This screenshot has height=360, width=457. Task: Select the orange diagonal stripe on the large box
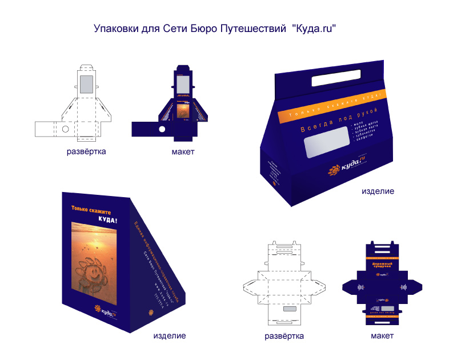tap(331, 103)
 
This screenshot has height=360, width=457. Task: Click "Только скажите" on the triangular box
tap(91, 211)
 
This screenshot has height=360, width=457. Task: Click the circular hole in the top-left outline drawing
tap(65, 130)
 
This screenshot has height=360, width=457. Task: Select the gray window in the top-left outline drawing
tap(87, 84)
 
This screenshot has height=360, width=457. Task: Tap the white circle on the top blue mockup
tap(162, 130)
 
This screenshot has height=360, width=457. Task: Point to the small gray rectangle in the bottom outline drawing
tap(290, 309)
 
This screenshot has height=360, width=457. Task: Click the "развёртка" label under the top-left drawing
tap(86, 152)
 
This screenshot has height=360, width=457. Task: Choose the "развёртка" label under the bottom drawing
tap(284, 335)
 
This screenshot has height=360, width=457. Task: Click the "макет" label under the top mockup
tap(183, 152)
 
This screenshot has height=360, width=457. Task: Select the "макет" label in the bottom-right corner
tap(382, 335)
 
